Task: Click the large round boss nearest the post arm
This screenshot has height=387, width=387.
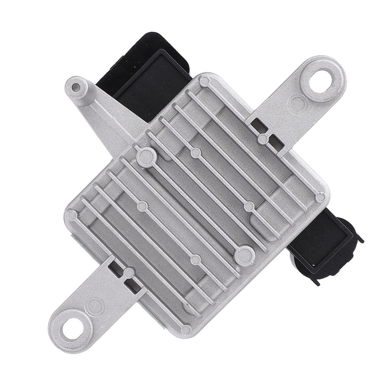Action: click(x=146, y=157)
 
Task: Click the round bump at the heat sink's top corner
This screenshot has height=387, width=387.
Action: click(x=204, y=82)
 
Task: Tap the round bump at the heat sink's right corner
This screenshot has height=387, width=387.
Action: click(x=320, y=197)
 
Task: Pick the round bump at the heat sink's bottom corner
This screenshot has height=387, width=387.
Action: click(x=186, y=330)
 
